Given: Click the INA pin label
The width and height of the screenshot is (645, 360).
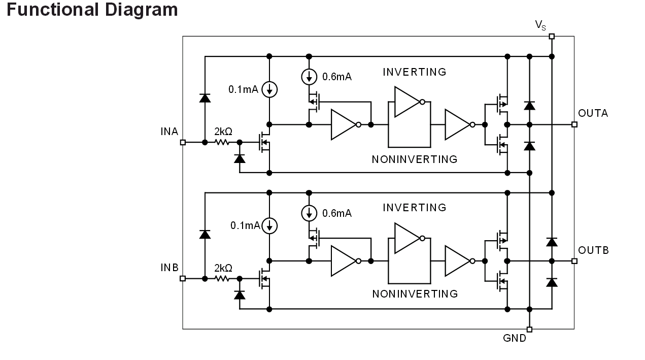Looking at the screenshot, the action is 169,132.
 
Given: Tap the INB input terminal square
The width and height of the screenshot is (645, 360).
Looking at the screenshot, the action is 183,278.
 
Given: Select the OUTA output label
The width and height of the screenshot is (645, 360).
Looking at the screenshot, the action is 593,113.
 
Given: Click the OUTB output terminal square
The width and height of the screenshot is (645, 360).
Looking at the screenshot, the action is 574,261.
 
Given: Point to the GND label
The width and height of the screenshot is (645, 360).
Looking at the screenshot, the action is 515,338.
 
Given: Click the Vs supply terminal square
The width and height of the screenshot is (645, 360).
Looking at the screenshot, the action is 552,36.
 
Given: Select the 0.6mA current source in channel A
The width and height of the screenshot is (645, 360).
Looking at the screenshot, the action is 309,77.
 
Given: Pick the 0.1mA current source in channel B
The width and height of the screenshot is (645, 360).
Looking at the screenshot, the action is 269,225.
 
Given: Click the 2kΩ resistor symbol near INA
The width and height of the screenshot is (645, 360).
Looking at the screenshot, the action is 222,142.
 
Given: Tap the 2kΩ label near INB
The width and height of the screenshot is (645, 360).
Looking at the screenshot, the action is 223,268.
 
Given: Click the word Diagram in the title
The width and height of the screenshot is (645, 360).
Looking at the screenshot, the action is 142,10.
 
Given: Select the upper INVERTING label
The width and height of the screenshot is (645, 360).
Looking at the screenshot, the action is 415,72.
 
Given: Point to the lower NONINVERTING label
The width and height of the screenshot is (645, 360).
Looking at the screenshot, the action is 415,294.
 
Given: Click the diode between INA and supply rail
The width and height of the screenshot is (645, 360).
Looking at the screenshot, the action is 205,98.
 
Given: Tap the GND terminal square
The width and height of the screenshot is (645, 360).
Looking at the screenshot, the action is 529,329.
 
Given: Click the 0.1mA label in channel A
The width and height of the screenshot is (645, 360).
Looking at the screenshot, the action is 243,89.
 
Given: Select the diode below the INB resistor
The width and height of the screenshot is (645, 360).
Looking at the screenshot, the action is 240,295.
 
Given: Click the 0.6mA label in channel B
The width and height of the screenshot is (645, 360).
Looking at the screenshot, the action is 337,213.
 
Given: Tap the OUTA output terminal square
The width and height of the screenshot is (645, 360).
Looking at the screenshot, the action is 574,125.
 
